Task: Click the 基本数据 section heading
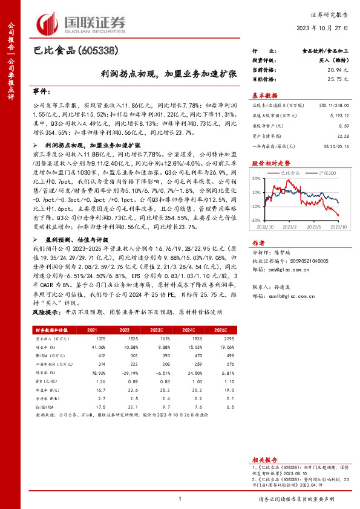click(264, 96)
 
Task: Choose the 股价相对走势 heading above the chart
click(266, 164)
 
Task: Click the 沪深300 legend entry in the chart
click(319, 173)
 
